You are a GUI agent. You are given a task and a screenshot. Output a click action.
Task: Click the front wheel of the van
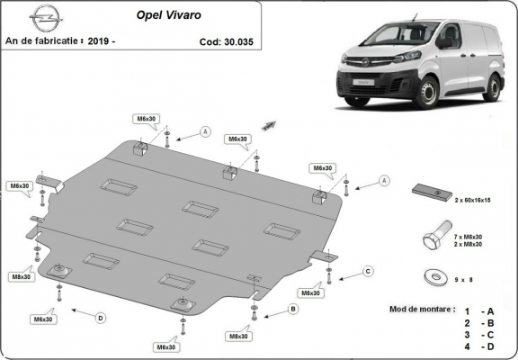426,92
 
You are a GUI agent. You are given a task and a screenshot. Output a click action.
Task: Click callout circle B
292,310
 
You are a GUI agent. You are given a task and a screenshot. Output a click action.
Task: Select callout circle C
367,271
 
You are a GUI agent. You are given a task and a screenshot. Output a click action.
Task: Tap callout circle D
100,317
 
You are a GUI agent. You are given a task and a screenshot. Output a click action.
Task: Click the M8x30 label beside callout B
238,337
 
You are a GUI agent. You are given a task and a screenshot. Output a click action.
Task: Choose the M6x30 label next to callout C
311,293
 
